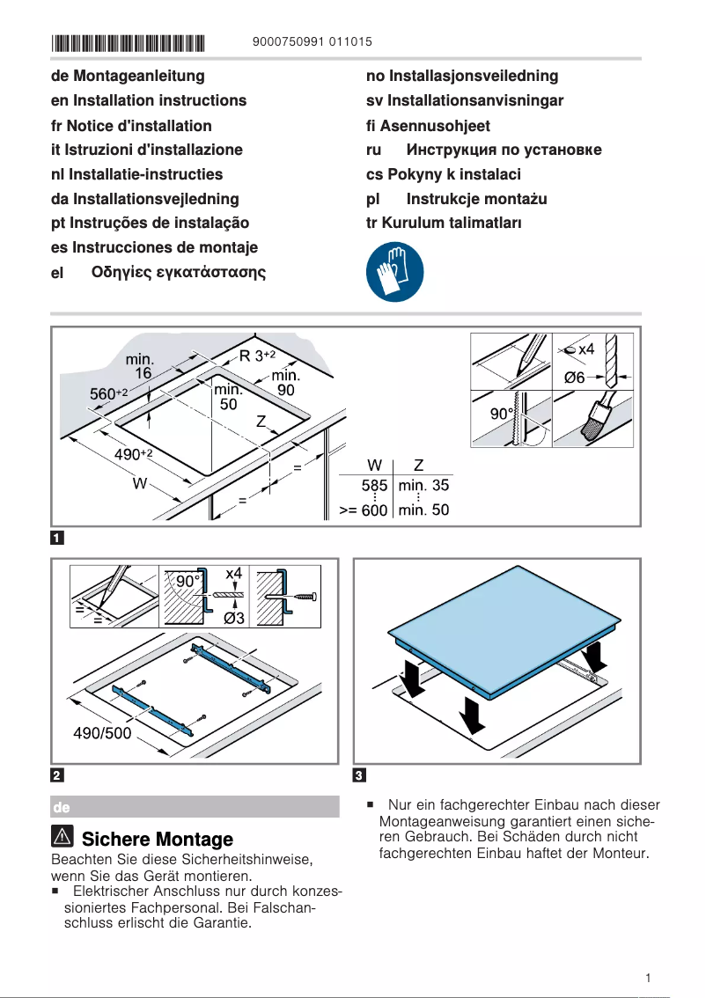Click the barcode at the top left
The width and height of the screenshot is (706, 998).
129,41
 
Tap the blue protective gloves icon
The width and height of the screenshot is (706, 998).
393,272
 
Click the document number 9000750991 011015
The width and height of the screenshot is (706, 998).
312,41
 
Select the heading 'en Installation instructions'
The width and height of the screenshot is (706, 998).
149,100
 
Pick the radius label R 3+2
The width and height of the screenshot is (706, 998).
257,356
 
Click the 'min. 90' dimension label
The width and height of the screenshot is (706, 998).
285,383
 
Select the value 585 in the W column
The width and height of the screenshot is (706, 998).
374,485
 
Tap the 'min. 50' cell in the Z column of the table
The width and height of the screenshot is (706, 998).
423,510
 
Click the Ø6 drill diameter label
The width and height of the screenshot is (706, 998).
574,378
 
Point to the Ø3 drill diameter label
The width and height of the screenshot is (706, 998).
234,618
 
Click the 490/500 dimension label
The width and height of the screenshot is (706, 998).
101,733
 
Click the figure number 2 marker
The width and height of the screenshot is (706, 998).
57,775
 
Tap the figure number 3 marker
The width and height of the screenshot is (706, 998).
359,775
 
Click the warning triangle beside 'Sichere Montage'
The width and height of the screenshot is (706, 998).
63,839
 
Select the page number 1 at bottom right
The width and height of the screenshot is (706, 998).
648,978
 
